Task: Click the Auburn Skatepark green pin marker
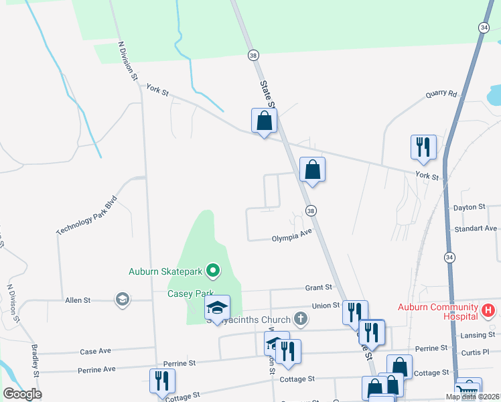[x=213, y=271]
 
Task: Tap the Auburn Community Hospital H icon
[x=488, y=310]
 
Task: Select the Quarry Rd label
[x=441, y=94]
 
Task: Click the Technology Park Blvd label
[x=86, y=215]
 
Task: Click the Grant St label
[x=319, y=287]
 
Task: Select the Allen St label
[x=78, y=300]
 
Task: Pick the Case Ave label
[x=95, y=351]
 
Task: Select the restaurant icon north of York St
[x=423, y=147]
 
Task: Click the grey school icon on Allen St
[x=122, y=299]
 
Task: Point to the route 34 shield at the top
[x=484, y=27]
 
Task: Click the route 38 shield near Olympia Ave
[x=311, y=211]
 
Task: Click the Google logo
[x=22, y=394]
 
